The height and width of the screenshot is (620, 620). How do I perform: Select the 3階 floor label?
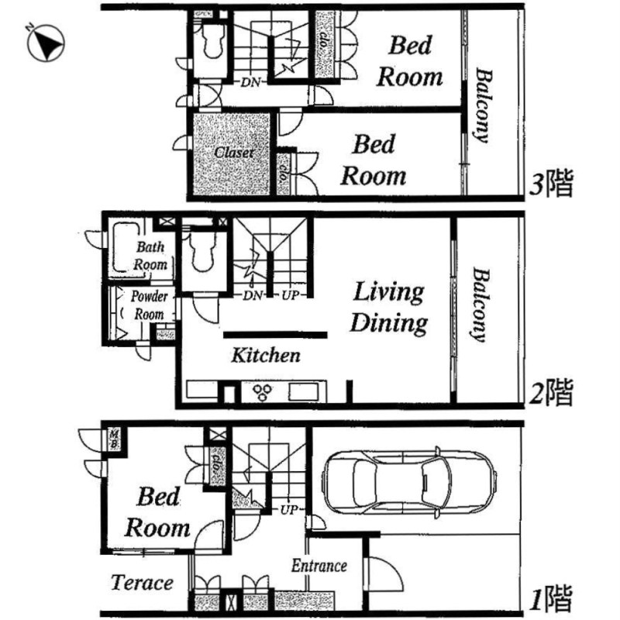click(x=549, y=184)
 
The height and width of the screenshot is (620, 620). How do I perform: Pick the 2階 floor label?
click(x=549, y=392)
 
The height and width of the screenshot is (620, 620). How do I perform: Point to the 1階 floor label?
click(x=549, y=598)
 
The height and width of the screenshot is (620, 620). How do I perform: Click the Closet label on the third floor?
click(x=234, y=153)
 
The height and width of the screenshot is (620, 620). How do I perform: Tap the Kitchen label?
click(x=266, y=356)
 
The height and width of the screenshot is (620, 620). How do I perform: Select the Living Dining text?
click(x=389, y=307)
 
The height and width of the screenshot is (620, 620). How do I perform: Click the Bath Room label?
click(x=151, y=256)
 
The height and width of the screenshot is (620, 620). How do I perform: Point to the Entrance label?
click(x=319, y=566)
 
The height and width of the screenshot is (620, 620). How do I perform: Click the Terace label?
click(x=142, y=582)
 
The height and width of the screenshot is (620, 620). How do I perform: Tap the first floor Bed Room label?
click(x=157, y=512)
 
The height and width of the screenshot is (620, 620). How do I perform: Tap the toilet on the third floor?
click(x=211, y=46)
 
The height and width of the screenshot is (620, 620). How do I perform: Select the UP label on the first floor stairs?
click(x=290, y=511)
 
